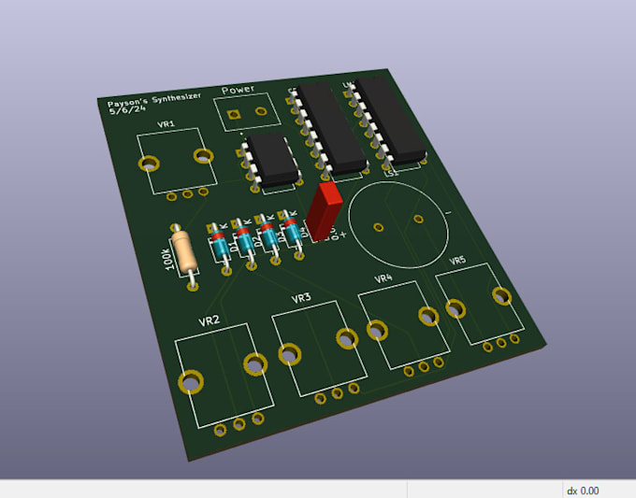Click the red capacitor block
[x=326, y=209]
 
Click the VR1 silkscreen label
[x=166, y=124]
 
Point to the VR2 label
[x=209, y=320]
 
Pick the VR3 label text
[x=300, y=299]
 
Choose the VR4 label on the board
[x=383, y=278]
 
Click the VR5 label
[x=457, y=261]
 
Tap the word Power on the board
[x=238, y=91]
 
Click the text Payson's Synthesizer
[x=154, y=100]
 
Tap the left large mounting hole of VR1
[x=147, y=164]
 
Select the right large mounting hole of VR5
[x=501, y=296]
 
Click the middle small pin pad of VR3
[x=338, y=392]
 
